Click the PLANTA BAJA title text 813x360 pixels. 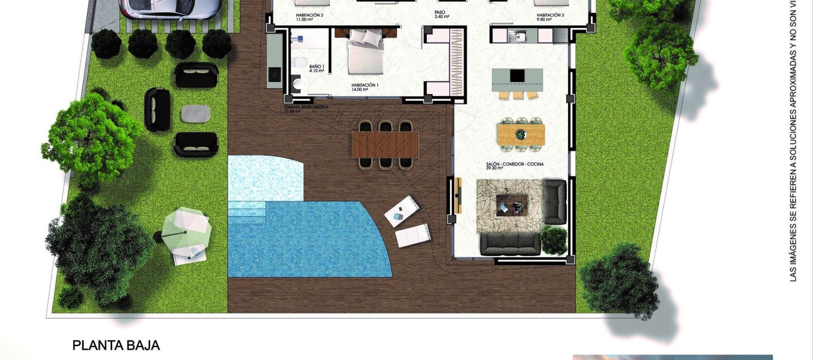(x=116, y=346)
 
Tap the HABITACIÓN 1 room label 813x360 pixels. (x=365, y=87)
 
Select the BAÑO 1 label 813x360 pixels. (x=316, y=69)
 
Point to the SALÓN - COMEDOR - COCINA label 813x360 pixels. (x=514, y=166)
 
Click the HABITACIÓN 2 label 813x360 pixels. (x=309, y=17)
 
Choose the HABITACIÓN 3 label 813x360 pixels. (x=550, y=17)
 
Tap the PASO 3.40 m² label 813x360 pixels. (x=441, y=15)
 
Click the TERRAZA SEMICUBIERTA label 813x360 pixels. (x=306, y=109)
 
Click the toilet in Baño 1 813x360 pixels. (x=300, y=63)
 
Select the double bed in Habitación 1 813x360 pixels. (x=365, y=52)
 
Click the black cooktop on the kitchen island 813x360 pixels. (x=517, y=76)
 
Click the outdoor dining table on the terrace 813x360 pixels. (x=385, y=144)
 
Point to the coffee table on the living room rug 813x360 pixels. (x=512, y=205)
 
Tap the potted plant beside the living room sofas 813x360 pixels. (x=554, y=240)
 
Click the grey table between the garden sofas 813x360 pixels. (x=196, y=114)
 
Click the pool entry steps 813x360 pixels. (x=246, y=212)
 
